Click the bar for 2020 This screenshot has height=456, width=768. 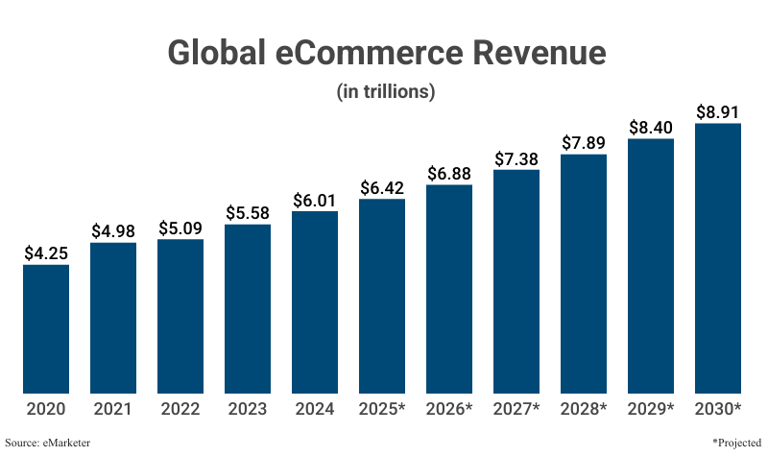[x=46, y=328]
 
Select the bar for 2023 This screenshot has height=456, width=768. [x=248, y=309]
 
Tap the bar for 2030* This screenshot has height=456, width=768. [x=718, y=258]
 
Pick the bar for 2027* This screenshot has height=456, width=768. [x=516, y=281]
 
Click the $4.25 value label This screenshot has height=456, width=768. [x=46, y=253]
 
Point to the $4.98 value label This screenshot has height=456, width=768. [x=113, y=231]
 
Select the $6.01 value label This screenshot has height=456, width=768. [x=315, y=200]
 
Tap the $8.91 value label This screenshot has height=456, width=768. [x=718, y=111]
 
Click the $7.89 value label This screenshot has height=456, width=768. [x=584, y=143]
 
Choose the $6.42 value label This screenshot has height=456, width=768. [x=382, y=188]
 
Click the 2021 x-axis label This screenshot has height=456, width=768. [x=113, y=410]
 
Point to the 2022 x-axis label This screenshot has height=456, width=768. [x=180, y=410]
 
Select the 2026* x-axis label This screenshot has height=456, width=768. [x=449, y=410]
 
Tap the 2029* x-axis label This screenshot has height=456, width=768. [x=651, y=410]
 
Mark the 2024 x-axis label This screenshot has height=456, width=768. [x=315, y=410]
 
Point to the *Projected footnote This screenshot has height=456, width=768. [x=736, y=443]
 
